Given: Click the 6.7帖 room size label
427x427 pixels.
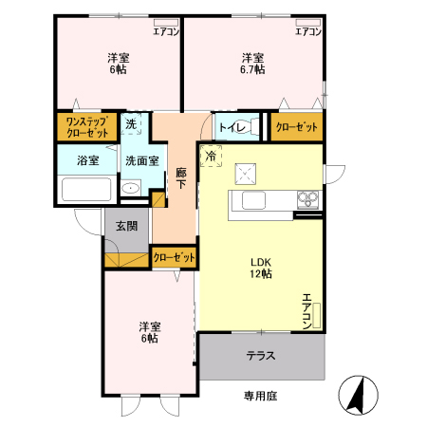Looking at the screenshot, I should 252,69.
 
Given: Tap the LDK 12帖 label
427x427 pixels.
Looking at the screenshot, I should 261,268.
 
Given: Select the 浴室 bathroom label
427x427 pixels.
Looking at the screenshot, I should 87,160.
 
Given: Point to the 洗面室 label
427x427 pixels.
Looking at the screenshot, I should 141,160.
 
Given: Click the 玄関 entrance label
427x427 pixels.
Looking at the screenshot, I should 126,226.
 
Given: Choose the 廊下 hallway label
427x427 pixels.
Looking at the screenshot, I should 181,178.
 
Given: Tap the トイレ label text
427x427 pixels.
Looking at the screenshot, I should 233,127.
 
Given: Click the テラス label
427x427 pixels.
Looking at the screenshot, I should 261,357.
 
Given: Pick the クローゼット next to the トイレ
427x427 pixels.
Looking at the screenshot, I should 295,127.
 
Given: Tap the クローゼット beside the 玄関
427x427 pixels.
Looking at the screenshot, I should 175,257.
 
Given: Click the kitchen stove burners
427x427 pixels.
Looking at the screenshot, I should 308,199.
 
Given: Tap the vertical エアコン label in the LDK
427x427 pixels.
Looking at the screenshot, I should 306,310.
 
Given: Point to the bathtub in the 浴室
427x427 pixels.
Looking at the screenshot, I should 87,188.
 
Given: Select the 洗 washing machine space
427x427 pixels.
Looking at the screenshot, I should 132,124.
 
